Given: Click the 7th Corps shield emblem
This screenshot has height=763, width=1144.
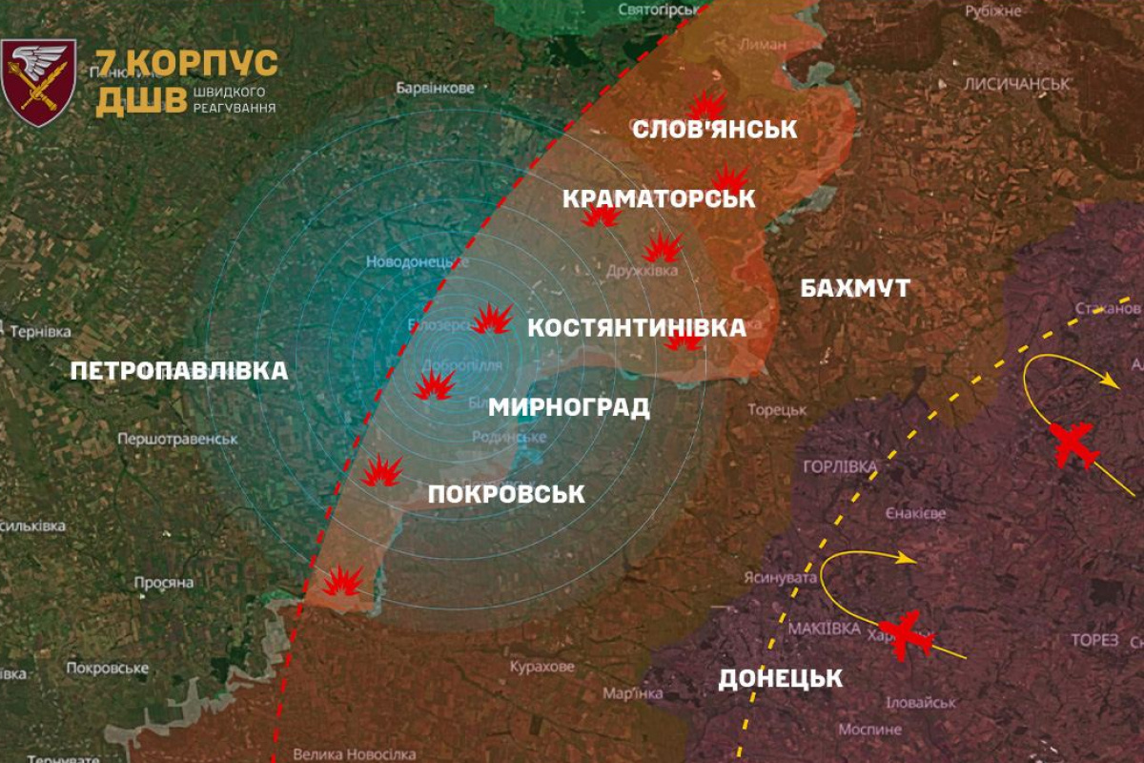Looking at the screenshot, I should pos(39,82).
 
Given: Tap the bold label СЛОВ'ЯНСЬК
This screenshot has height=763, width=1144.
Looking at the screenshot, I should pos(715,129).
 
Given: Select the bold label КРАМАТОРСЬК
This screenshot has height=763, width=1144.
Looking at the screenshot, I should pos(659,198).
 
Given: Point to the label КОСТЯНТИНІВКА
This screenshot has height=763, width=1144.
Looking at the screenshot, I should pos(637,328).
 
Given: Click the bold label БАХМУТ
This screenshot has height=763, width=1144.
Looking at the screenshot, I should pos(856,288).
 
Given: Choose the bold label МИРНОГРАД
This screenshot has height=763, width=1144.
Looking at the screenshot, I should pos(569,408).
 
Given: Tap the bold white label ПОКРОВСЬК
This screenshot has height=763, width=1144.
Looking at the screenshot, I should pos(506,494).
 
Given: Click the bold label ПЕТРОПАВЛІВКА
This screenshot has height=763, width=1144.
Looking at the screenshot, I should pos(179,371).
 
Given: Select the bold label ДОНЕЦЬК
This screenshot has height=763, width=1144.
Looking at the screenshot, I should pos(781,679).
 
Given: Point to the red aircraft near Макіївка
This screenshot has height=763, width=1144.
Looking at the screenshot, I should pos(905,633).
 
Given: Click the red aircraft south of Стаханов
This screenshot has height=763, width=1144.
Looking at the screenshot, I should pos(1074,444).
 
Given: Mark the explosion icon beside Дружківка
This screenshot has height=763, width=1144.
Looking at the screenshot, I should pos(662,248).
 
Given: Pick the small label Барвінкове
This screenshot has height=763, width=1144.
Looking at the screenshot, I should pos(435,89).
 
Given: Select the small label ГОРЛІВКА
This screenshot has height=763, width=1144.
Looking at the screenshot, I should pos(839,466).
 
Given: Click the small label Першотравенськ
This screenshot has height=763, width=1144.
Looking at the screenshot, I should pos(177,439).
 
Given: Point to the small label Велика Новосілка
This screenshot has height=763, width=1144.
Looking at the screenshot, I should pos(353,753).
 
